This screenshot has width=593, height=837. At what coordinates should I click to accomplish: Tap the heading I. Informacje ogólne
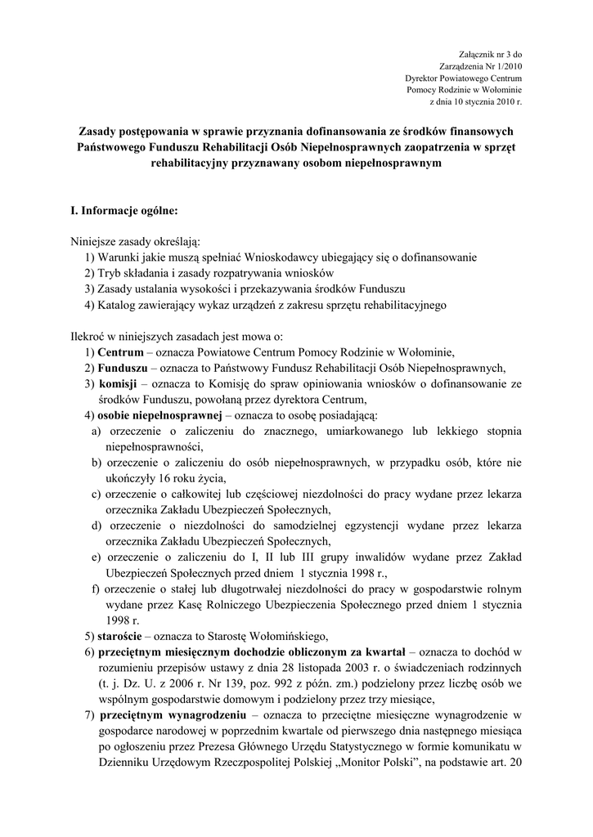pyautogui.click(x=124, y=210)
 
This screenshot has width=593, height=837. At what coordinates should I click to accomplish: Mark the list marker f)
pyautogui.click(x=97, y=589)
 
